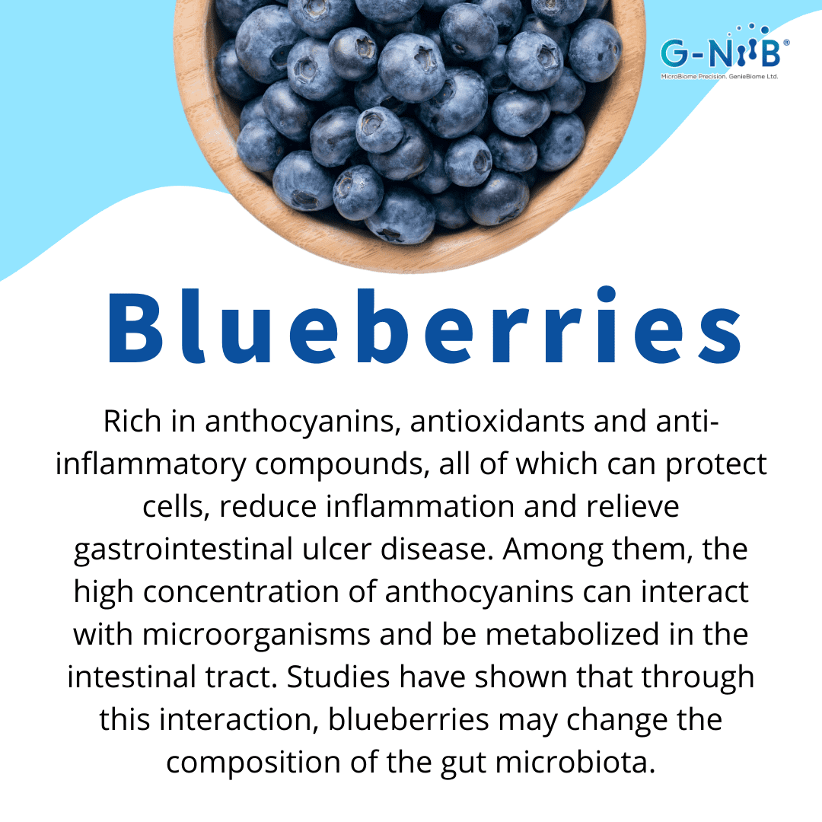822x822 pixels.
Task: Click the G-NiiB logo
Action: [725, 52]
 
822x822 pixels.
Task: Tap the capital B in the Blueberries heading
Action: [135, 327]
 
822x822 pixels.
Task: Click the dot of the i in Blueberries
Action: [607, 294]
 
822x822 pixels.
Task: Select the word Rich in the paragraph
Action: [132, 421]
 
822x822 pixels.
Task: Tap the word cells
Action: [176, 507]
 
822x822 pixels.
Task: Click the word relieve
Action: [632, 506]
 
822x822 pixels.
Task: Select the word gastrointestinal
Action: [183, 550]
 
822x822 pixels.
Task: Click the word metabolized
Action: [572, 634]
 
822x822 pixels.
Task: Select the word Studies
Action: [338, 677]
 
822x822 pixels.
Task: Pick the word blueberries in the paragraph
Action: [409, 719]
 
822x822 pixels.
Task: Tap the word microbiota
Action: [575, 762]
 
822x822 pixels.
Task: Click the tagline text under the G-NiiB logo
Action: [719, 77]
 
